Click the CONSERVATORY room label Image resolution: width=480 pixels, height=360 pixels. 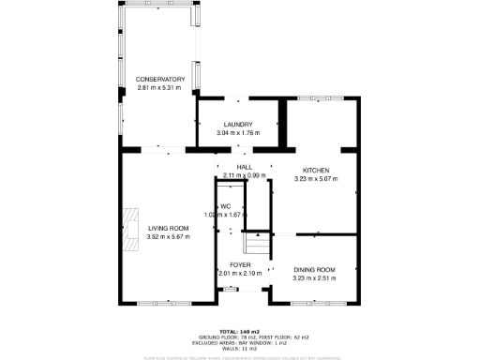[x=159, y=78]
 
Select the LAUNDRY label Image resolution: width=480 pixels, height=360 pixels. [x=237, y=125]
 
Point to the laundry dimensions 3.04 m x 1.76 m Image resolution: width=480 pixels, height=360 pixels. [x=237, y=133]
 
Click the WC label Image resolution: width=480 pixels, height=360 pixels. [x=225, y=205]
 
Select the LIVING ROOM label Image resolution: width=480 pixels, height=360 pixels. [x=169, y=229]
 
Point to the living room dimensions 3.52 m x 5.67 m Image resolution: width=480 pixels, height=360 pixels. [x=169, y=237]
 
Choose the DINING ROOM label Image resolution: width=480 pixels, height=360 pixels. [x=314, y=270]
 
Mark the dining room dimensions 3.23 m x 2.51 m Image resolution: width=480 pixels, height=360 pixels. [x=314, y=278]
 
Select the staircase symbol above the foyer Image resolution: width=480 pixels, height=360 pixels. [x=256, y=245]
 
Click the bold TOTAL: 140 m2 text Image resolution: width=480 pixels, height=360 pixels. [x=240, y=332]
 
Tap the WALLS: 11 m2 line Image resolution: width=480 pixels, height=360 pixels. [x=240, y=349]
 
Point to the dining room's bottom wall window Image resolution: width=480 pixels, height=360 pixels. [x=312, y=303]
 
